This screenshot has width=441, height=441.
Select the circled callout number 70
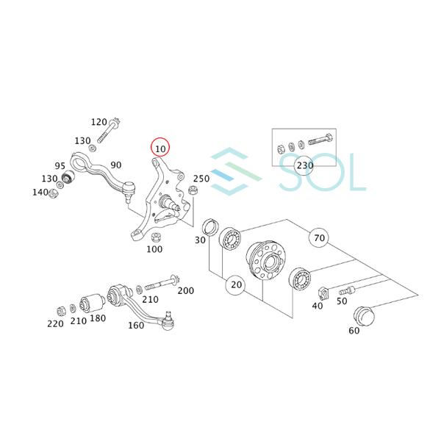click(x=318, y=238)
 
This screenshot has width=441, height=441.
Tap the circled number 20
click(x=236, y=284)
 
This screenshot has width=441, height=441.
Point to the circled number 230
click(x=304, y=165)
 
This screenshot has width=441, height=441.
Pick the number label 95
click(x=60, y=165)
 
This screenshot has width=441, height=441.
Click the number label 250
click(x=201, y=178)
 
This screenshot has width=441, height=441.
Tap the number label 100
click(x=154, y=249)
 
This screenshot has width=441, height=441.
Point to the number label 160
click(x=136, y=326)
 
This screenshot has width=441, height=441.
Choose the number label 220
click(x=55, y=323)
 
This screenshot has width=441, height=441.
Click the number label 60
click(x=355, y=331)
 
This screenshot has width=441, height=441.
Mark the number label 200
click(x=186, y=291)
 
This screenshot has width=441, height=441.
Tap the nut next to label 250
click(x=193, y=193)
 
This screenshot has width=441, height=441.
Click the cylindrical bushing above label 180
click(x=96, y=302)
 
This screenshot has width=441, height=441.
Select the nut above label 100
click(x=156, y=237)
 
